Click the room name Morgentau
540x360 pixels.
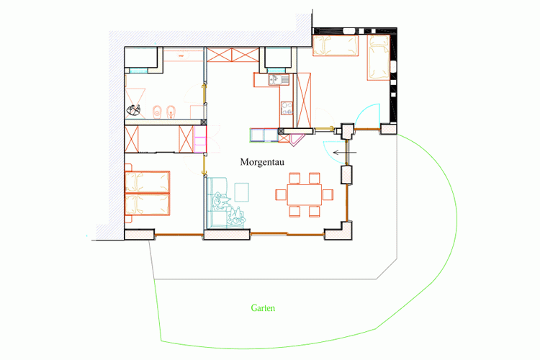click(x=262, y=162)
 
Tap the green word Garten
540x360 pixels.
click(x=263, y=308)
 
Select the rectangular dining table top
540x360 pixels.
click(x=305, y=194)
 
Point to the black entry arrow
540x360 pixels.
click(x=345, y=152)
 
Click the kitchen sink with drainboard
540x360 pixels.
click(x=279, y=80)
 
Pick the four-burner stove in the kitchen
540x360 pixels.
click(x=287, y=108)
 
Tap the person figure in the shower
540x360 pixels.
click(x=134, y=110)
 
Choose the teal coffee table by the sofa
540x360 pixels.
click(x=242, y=192)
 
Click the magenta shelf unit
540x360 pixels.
click(x=200, y=140)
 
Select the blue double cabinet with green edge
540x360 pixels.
click(x=264, y=135)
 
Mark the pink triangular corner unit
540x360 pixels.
click(x=297, y=140)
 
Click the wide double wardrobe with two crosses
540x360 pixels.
click(x=233, y=55)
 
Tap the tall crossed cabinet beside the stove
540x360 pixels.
click(x=304, y=100)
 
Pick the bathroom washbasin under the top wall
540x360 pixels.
click(x=183, y=55)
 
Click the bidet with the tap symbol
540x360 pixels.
click(x=171, y=112)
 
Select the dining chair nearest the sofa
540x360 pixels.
click(x=281, y=194)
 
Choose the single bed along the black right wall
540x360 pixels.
click(x=379, y=58)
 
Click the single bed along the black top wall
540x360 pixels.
click(x=336, y=45)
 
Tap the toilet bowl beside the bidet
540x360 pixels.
click(x=158, y=112)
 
